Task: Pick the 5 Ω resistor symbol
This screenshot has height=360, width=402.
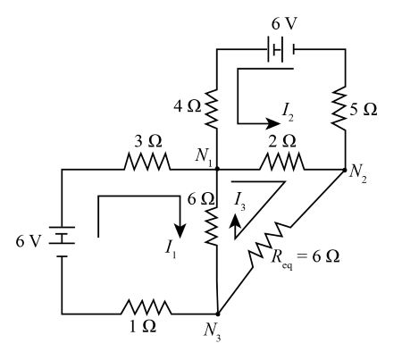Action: click(345, 110)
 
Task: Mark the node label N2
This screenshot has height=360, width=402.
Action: click(360, 177)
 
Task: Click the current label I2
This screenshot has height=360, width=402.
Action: click(288, 112)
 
